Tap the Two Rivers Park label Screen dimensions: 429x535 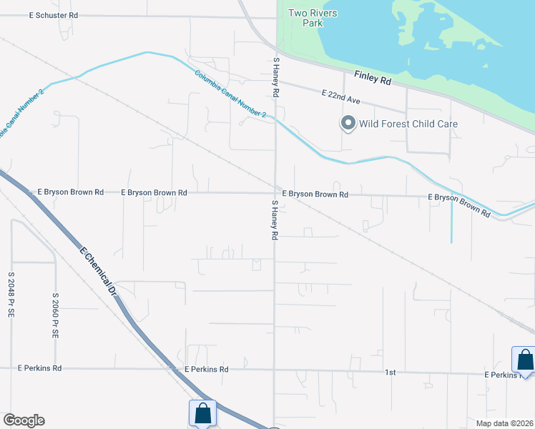point(312,18)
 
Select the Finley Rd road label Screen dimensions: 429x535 point(373,78)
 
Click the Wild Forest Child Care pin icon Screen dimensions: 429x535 point(348,124)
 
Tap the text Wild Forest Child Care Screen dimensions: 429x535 point(408,124)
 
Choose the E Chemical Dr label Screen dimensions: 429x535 point(98,272)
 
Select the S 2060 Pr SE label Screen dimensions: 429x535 point(55,315)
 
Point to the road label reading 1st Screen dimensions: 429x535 point(391,373)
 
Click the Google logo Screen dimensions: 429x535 point(24,420)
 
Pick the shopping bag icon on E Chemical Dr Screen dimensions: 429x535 point(202,413)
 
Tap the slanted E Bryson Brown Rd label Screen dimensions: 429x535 point(459,205)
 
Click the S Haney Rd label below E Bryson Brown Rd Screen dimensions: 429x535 point(273,220)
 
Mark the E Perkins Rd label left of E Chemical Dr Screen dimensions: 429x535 point(39,368)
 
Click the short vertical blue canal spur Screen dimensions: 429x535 point(451,223)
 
